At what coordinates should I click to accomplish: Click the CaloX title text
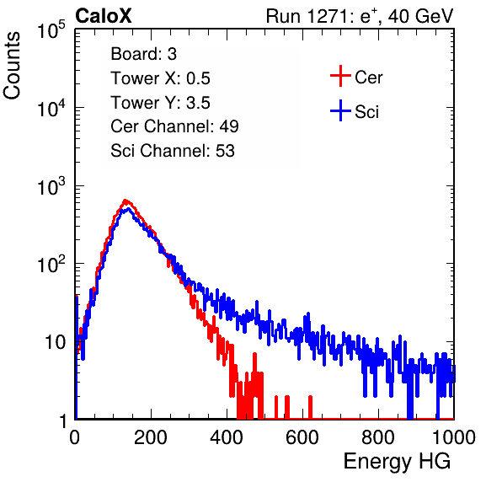103,16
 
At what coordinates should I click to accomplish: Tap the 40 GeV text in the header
420,16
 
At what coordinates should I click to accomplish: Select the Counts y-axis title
12,66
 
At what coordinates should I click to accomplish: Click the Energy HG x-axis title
397,462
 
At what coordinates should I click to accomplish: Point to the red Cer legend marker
340,76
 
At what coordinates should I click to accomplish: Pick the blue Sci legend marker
340,110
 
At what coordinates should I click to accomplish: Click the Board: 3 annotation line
143,54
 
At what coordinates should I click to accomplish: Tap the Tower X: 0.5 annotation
160,78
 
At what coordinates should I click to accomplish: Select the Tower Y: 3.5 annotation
160,103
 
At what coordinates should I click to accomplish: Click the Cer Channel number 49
229,126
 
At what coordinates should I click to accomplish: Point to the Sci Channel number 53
225,151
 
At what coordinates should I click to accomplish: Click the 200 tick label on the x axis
151,437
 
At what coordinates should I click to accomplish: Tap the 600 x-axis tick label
302,437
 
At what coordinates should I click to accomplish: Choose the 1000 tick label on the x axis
454,437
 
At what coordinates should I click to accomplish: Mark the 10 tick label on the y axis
56,342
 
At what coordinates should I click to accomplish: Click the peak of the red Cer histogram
125,201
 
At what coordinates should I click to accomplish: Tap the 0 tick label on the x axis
75,437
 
